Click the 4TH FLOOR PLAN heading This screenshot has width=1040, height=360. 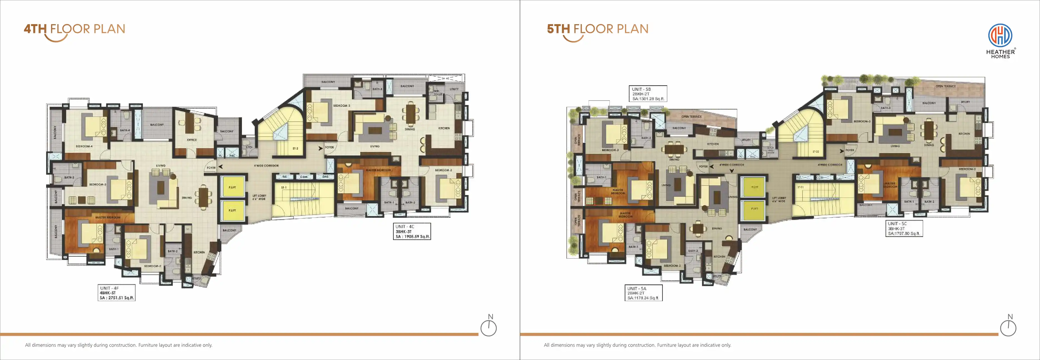point(75,29)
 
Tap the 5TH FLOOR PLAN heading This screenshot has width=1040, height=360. point(597,29)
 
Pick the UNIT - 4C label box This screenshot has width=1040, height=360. point(412,232)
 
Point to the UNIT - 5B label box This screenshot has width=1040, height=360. point(647,94)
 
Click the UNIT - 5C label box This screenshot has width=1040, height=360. point(904,228)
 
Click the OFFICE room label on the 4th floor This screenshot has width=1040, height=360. point(192,140)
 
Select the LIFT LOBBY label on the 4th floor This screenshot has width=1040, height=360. point(259,197)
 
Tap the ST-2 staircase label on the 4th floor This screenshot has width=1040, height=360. point(295,149)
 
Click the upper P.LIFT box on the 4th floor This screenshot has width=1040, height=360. point(232,187)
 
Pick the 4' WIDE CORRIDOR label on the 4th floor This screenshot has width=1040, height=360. point(266,166)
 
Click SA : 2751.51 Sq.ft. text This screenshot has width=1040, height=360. point(117,298)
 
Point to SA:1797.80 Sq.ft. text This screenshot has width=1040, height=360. point(904,233)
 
